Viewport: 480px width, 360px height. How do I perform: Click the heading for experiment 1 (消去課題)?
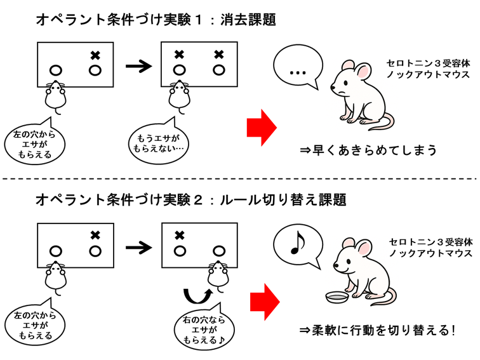(x=156, y=19)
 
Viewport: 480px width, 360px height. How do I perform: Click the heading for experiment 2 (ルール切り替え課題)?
(x=190, y=201)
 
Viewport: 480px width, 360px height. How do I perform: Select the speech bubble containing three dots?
(x=298, y=71)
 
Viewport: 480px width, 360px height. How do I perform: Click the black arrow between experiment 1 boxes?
(x=139, y=65)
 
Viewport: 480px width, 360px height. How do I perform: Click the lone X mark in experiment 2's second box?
(x=179, y=235)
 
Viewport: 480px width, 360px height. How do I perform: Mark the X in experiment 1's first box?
(x=95, y=55)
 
